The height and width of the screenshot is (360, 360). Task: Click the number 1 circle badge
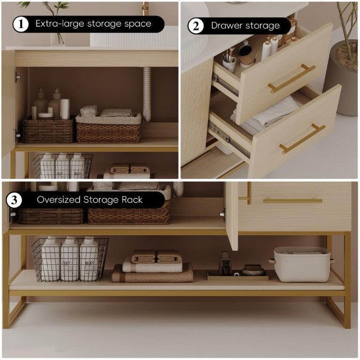click(x=21, y=24)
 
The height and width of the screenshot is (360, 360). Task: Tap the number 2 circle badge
click(x=196, y=26)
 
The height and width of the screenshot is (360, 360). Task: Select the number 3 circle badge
click(x=14, y=200)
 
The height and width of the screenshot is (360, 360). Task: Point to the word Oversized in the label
click(x=58, y=200)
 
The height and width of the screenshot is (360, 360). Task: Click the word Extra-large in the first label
click(x=60, y=23)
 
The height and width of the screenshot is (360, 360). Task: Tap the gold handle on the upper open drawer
click(x=292, y=79)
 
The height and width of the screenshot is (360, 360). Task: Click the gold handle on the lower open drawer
click(x=302, y=139)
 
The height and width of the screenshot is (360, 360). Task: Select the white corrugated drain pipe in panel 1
click(x=147, y=94)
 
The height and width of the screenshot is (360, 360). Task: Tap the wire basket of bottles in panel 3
click(x=70, y=259)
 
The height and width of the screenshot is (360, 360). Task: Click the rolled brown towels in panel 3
click(x=157, y=257)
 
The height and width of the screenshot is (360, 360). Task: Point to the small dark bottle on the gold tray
click(x=225, y=263)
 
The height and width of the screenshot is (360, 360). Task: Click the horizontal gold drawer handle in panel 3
click(x=292, y=201)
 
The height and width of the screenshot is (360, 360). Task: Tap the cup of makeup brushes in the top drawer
click(x=229, y=60)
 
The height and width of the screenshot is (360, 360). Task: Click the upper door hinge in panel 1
click(x=17, y=77)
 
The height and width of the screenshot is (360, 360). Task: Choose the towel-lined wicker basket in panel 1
click(x=108, y=127)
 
